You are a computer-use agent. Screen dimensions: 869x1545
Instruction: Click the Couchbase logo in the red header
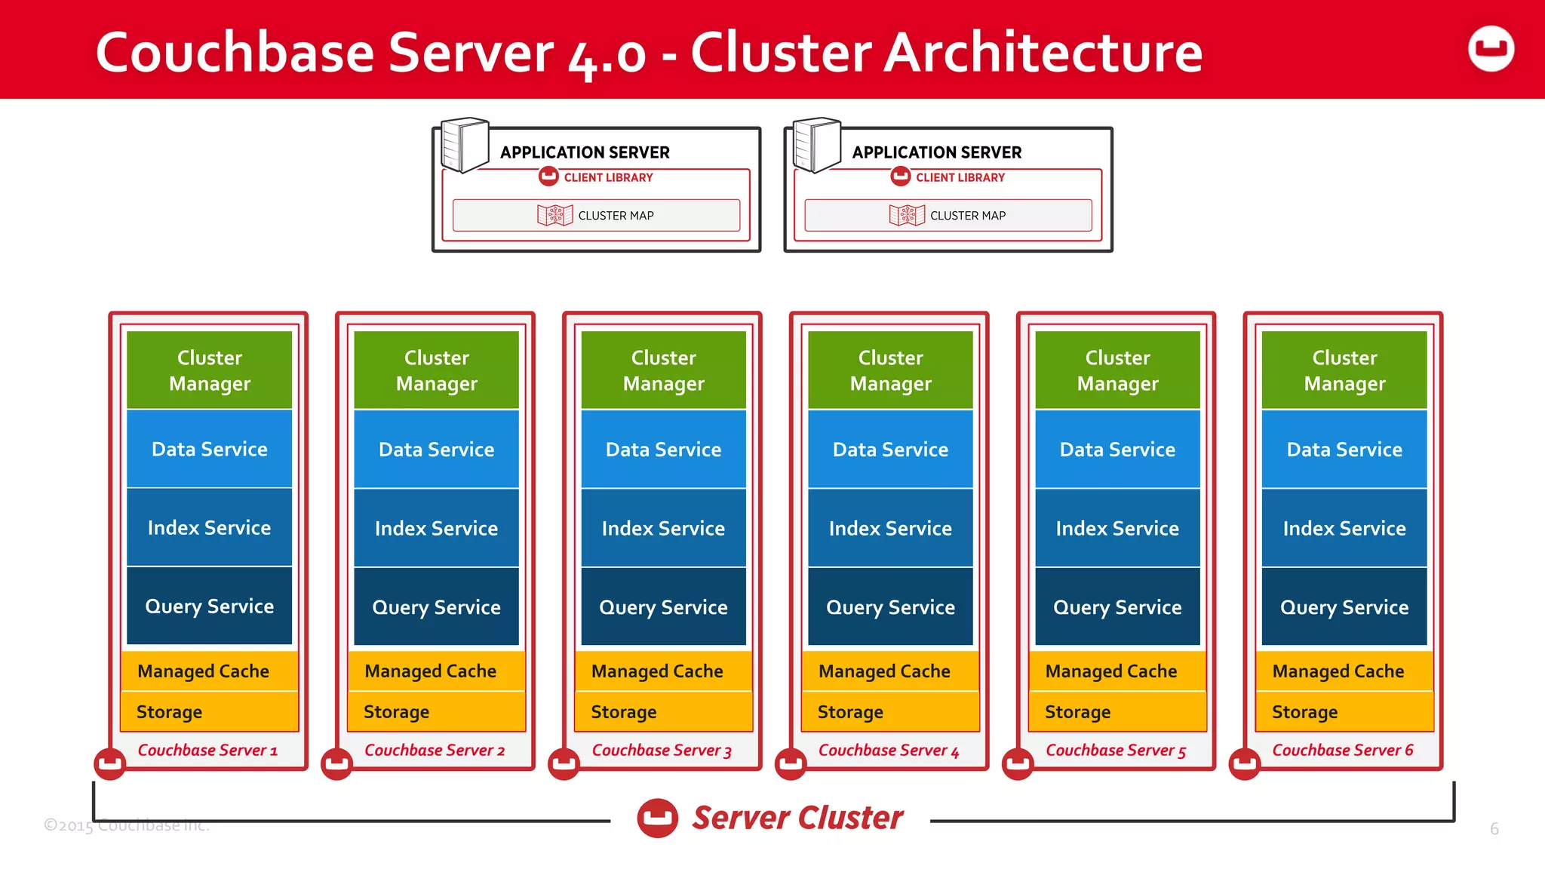click(x=1491, y=49)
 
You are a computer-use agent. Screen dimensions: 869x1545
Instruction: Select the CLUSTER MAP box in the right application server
click(x=948, y=216)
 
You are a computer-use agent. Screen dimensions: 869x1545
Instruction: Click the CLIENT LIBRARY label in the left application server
click(x=607, y=177)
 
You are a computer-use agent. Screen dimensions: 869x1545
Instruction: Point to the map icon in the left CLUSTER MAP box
click(x=554, y=215)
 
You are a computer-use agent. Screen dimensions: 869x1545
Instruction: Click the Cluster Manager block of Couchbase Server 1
click(x=209, y=370)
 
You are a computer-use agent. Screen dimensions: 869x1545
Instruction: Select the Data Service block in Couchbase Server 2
click(x=436, y=450)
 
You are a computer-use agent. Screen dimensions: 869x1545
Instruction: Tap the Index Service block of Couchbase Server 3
click(x=663, y=528)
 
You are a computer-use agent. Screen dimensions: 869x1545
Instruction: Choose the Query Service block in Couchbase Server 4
click(x=890, y=606)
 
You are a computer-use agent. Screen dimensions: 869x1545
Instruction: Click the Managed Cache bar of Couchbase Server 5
click(x=1117, y=671)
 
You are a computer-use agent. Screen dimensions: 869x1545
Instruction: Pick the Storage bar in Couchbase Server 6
click(x=1344, y=711)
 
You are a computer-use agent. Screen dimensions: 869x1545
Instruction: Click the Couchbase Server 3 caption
click(x=662, y=751)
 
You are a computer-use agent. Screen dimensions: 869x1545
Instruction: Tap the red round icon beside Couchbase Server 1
click(x=110, y=763)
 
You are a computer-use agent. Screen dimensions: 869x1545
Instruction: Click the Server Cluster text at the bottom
click(x=797, y=818)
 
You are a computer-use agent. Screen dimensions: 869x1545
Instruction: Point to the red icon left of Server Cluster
click(x=657, y=818)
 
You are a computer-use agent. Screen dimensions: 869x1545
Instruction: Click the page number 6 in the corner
click(x=1494, y=829)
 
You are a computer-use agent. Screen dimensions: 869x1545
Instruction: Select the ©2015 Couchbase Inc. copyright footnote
click(x=126, y=825)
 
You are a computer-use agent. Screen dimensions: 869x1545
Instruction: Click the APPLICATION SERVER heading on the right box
click(x=936, y=152)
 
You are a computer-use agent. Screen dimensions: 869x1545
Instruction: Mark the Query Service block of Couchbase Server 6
click(x=1344, y=606)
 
